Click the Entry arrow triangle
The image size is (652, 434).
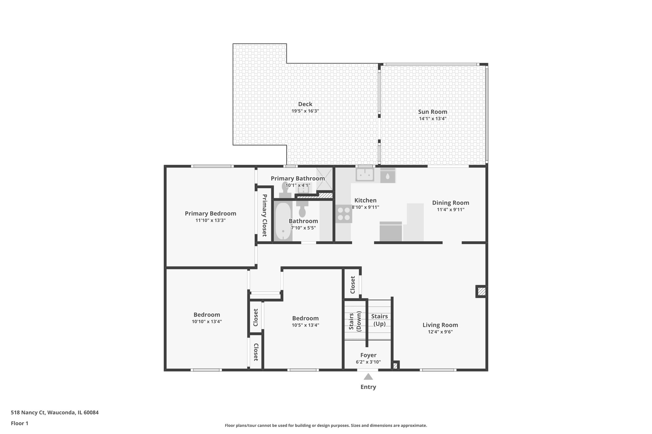[368, 377]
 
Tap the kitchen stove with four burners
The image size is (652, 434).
[344, 214]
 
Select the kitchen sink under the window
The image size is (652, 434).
[365, 175]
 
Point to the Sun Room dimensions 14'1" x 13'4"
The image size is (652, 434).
[432, 119]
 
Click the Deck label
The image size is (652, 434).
[305, 104]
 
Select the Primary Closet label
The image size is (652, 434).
[264, 215]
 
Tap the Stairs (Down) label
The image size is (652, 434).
[355, 322]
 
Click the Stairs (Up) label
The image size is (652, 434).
[379, 320]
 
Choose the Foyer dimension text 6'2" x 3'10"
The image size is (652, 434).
[368, 362]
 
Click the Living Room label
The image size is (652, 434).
[440, 325]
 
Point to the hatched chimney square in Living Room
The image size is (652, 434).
[481, 291]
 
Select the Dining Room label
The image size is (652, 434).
[450, 203]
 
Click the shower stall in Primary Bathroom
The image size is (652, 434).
[324, 180]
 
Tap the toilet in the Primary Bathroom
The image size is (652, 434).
[285, 189]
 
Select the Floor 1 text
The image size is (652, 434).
[19, 423]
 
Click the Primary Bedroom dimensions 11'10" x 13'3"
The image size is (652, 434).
[210, 220]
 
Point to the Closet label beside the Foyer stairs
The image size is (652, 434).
[352, 285]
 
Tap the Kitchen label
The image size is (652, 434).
[365, 200]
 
